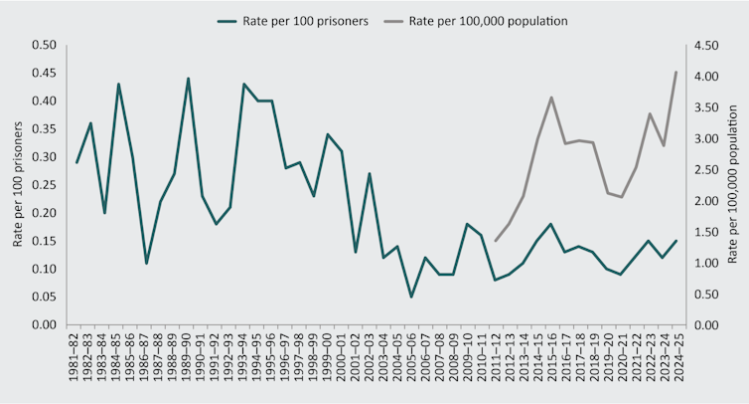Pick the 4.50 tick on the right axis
pos(704,45)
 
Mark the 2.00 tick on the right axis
pos(704,201)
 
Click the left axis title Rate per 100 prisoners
pos(17,185)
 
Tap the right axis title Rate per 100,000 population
pos(732,185)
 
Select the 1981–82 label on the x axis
pos(77,360)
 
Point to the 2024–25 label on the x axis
pos(676,360)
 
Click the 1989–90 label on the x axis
pos(189,360)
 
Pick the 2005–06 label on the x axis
pos(411,360)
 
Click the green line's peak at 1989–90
pos(188,79)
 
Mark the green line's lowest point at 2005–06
pos(410,297)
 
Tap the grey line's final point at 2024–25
pos(675,72)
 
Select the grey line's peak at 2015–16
pos(550,97)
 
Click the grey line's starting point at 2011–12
pos(495,241)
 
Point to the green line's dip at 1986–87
pos(146,264)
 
